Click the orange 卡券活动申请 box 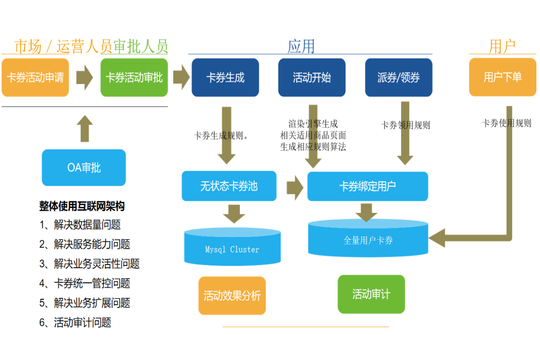coord(35,77)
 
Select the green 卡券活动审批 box coord(134,77)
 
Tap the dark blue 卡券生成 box coord(225,77)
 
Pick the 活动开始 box coord(312,77)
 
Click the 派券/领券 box coord(398,77)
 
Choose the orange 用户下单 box coord(503,77)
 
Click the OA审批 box coord(84,168)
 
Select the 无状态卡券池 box coord(229,186)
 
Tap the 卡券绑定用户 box coord(368,186)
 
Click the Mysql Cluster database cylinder coord(232,247)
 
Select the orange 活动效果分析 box coord(232,296)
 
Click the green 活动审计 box coord(371,294)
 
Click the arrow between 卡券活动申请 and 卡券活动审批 coord(84,77)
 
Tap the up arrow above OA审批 coord(84,129)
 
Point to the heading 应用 coord(301,46)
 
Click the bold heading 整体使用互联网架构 coord(82,206)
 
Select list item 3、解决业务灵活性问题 coord(90,264)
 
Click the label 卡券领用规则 coord(405,125)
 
